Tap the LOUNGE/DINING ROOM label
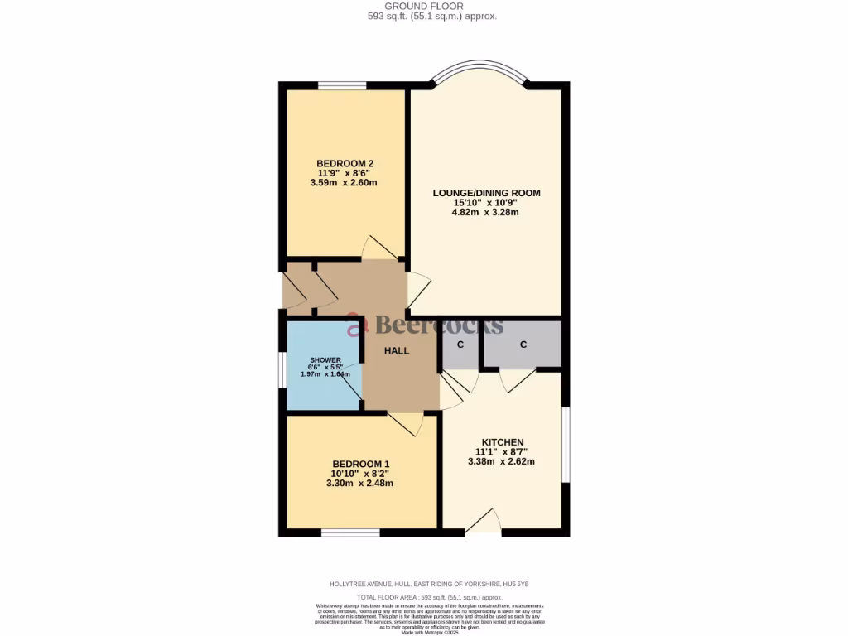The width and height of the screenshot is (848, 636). [486, 193]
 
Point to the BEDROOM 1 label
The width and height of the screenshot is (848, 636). [360, 464]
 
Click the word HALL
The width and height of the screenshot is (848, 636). [397, 351]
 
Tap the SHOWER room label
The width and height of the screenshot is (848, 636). [325, 360]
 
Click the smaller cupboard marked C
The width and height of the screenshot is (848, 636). [460, 344]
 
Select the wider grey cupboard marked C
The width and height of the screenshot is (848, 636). [523, 344]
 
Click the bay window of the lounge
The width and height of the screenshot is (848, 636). [479, 72]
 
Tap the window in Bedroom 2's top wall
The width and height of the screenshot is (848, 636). [342, 84]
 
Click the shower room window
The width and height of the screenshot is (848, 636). [282, 381]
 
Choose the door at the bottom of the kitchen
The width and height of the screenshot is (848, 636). [485, 521]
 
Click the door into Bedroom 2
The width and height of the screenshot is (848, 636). [379, 248]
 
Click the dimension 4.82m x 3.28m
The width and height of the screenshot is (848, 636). [486, 212]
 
